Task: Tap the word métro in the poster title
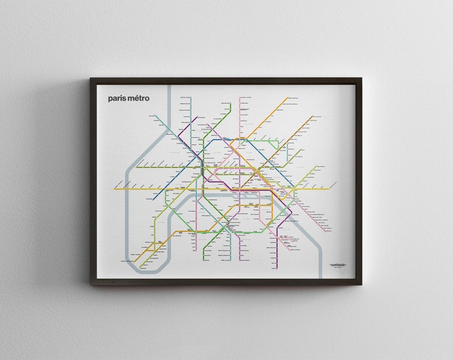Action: [139, 98]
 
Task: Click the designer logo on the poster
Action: [339, 267]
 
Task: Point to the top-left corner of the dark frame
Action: [91, 79]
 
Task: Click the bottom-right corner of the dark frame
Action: [361, 285]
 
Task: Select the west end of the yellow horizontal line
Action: [115, 189]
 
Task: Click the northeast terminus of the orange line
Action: [288, 98]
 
